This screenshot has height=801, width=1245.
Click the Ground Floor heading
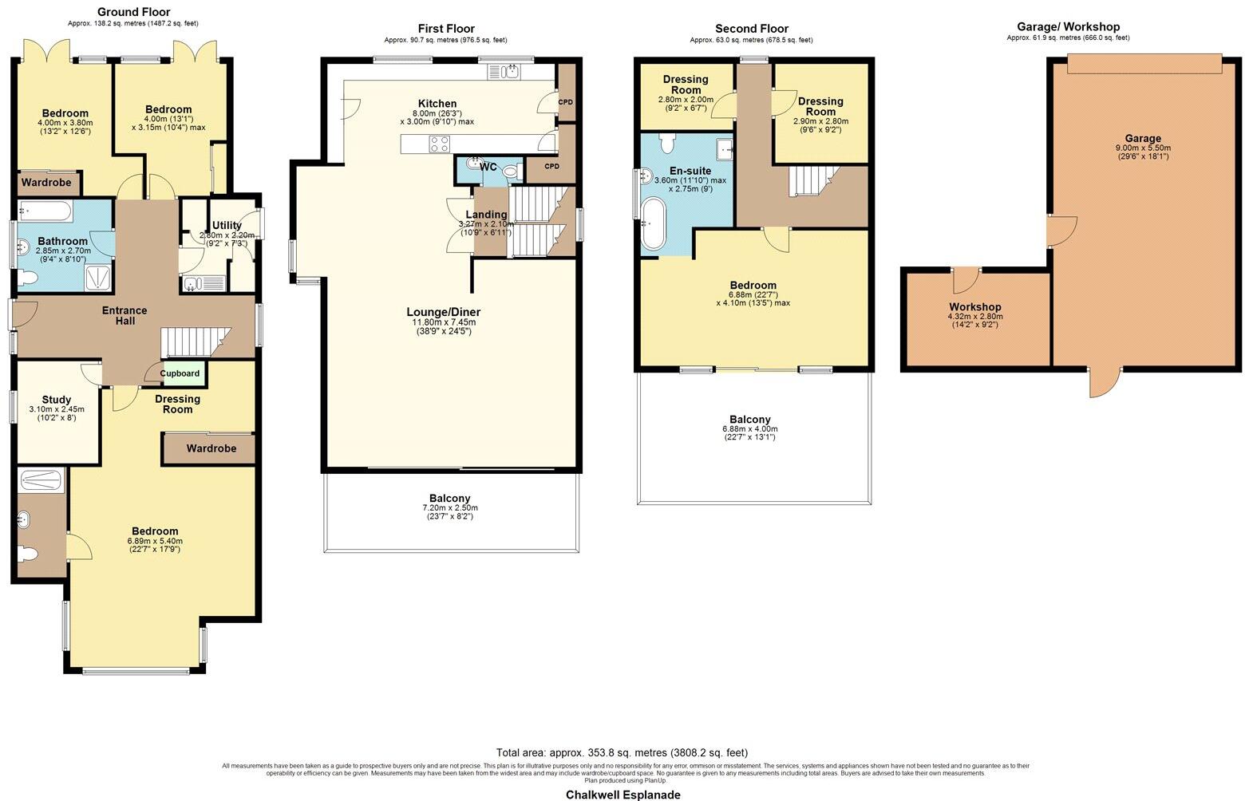[x=133, y=12]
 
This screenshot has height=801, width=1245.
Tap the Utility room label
[x=227, y=226]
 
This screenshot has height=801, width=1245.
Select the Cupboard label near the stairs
[x=180, y=373]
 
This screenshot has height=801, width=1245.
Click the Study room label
[x=57, y=400]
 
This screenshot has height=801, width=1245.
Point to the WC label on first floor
[x=488, y=168]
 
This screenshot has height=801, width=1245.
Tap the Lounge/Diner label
[x=444, y=312]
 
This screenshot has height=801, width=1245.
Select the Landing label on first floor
[x=486, y=215]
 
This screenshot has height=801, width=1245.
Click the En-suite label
[x=690, y=171]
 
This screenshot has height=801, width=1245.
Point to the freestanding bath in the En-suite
[x=653, y=224]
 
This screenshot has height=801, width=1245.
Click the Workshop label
[x=974, y=307]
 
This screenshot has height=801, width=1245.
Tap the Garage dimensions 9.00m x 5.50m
[x=1143, y=148]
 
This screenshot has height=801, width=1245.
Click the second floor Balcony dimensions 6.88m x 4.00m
[x=749, y=429]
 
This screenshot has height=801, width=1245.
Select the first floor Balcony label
[x=449, y=498]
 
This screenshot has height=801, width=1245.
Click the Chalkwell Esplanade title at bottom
[x=622, y=795]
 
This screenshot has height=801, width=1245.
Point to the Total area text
[x=622, y=752]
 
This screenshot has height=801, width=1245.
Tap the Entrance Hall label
[x=125, y=315]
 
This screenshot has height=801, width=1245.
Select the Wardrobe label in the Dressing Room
[x=211, y=448]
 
